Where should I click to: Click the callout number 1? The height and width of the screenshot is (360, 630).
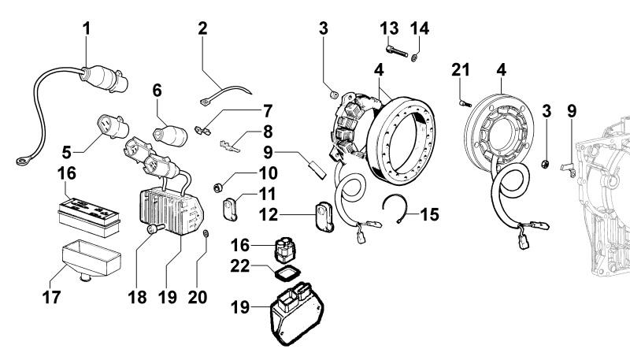[87, 29]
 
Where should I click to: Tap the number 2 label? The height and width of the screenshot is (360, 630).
[202, 29]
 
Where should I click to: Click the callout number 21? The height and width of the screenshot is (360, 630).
[461, 72]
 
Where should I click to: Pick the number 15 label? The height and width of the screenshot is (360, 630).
[430, 213]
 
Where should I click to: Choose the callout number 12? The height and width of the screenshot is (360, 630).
[291, 213]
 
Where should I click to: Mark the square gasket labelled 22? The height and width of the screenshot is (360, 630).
[281, 273]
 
